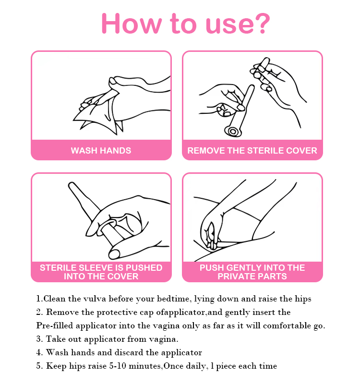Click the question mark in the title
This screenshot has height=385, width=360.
pos(262,24)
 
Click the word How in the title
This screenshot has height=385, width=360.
pos(132,24)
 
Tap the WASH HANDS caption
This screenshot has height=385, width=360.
pos(101,151)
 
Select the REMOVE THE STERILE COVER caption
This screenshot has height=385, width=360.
pos(252,151)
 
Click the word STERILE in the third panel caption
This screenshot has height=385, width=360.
pos(57,268)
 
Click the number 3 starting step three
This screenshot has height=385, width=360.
pos(39,339)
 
